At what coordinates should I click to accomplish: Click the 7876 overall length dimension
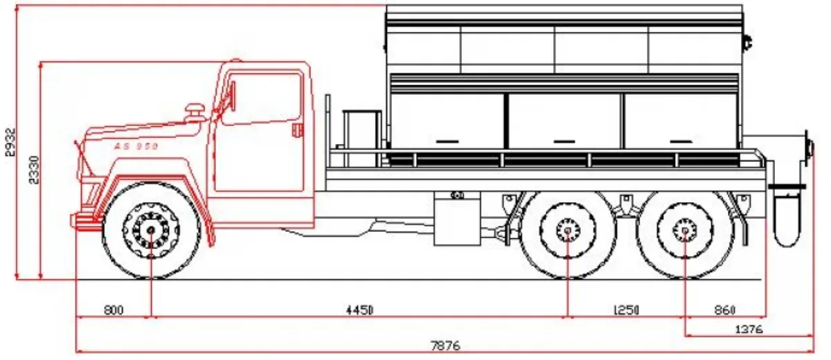coord(445,346)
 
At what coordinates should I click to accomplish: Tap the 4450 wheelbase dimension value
coord(359,310)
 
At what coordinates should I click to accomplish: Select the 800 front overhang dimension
coord(114,310)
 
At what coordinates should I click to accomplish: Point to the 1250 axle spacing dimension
coord(626,310)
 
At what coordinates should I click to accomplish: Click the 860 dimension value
coord(725,310)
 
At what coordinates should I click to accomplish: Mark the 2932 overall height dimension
coord(11,142)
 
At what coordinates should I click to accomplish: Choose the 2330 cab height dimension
coord(34,170)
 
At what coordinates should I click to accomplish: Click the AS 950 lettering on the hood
coord(136,146)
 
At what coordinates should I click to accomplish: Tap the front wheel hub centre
coord(151,231)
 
